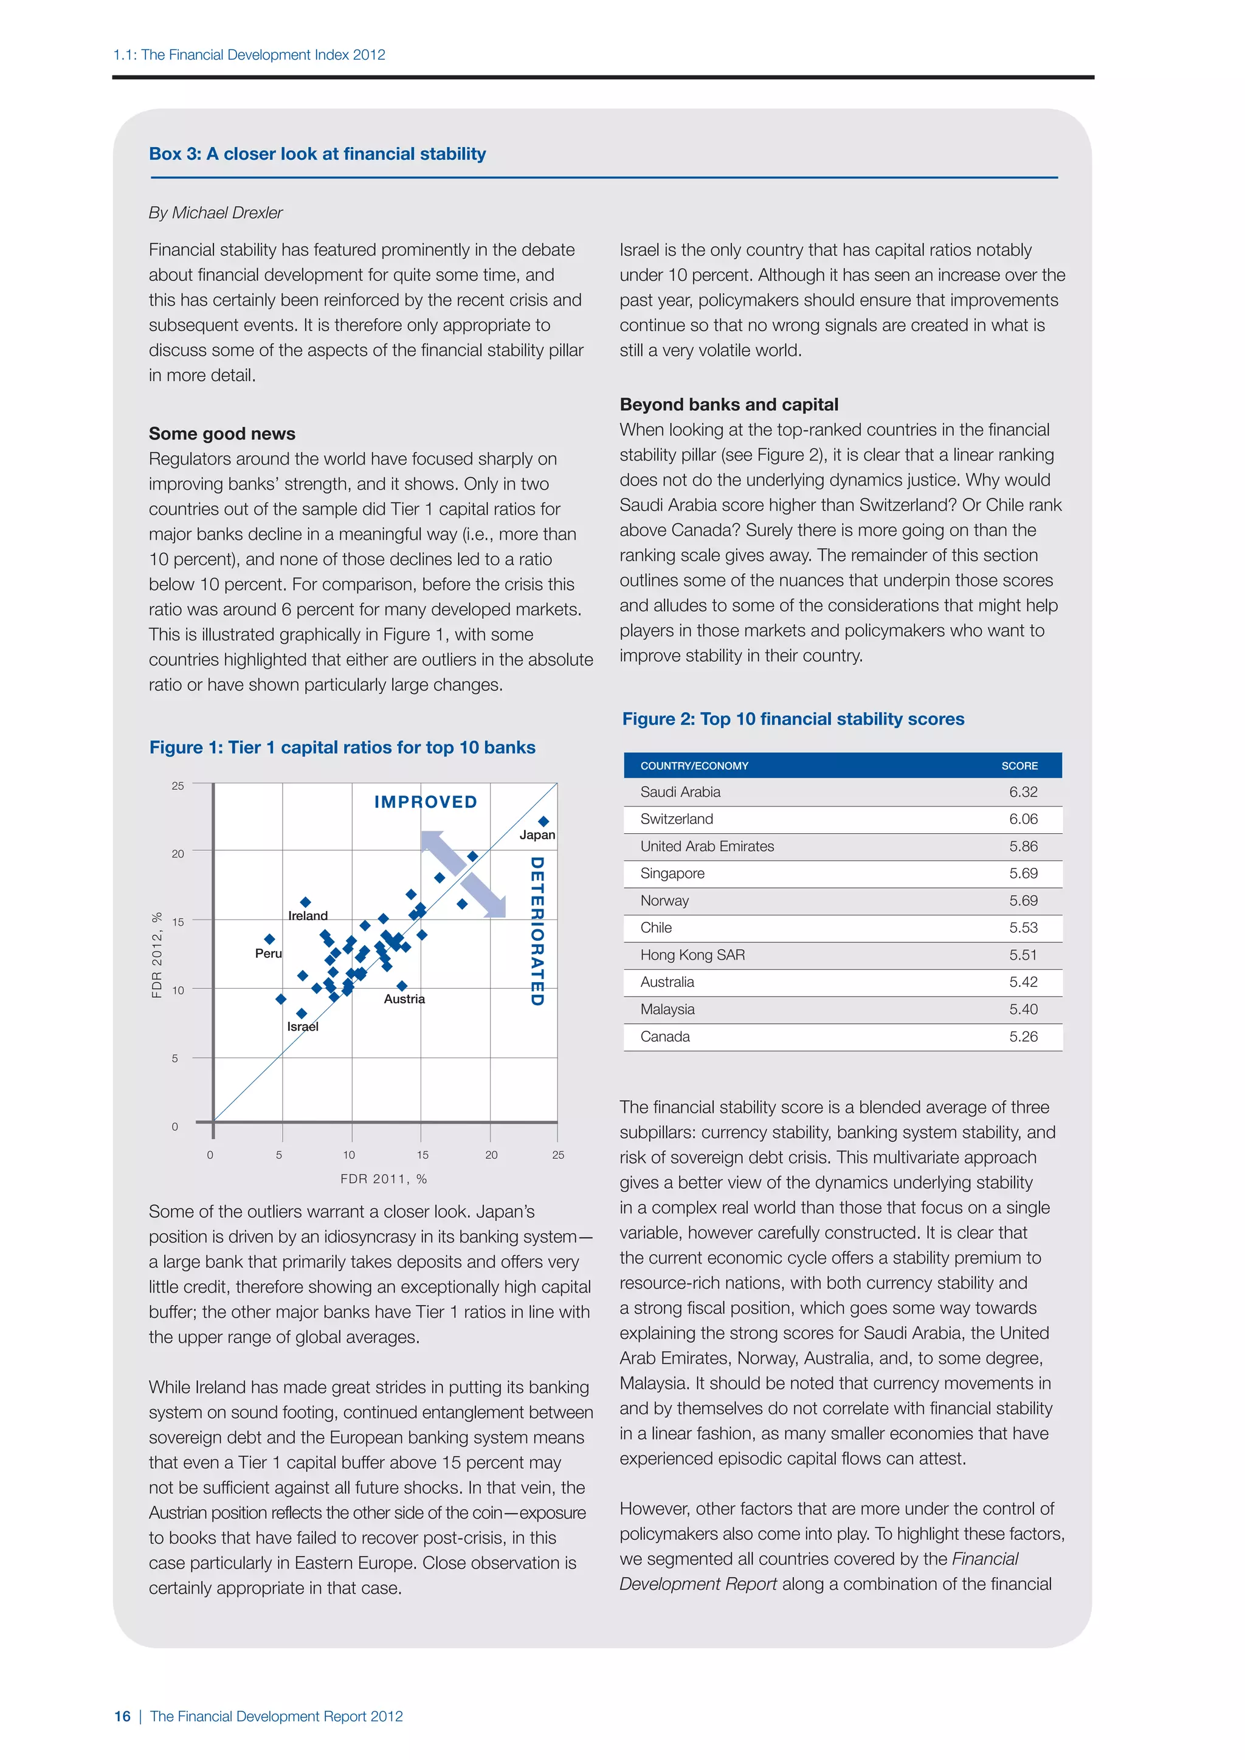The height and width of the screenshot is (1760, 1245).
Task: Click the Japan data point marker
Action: (543, 821)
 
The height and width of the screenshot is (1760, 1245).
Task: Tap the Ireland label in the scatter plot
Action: (308, 915)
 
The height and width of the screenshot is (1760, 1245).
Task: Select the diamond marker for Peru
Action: (269, 939)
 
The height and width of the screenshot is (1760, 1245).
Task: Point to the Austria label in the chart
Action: (404, 999)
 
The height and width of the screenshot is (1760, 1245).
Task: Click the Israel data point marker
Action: (302, 1013)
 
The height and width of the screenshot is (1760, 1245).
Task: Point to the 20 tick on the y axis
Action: (178, 853)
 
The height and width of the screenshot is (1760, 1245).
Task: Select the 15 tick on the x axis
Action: (422, 1155)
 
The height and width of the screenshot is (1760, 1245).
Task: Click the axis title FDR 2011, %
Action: (384, 1179)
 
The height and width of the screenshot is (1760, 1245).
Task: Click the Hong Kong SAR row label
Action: (692, 955)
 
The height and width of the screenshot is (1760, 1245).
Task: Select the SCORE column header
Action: (1019, 766)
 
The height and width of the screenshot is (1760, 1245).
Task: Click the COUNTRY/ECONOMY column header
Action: (694, 766)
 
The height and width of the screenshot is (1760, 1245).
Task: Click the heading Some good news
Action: (221, 434)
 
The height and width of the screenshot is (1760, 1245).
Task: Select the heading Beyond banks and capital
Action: (728, 405)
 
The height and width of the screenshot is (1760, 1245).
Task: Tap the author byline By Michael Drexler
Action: (215, 213)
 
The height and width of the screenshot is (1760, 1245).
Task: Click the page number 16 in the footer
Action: (122, 1716)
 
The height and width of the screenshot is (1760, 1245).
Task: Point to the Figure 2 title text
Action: (793, 719)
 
